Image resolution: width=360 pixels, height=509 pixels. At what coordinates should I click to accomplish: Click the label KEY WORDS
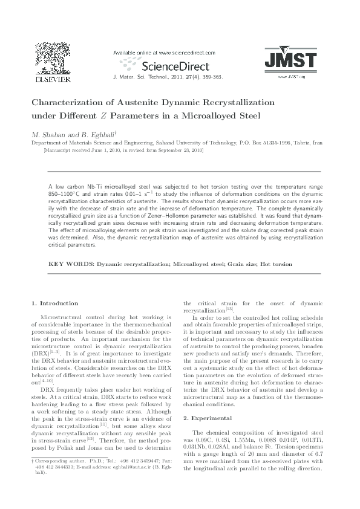[x=71, y=264]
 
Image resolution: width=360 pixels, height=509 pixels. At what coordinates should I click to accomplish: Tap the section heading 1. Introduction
[x=54, y=303]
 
